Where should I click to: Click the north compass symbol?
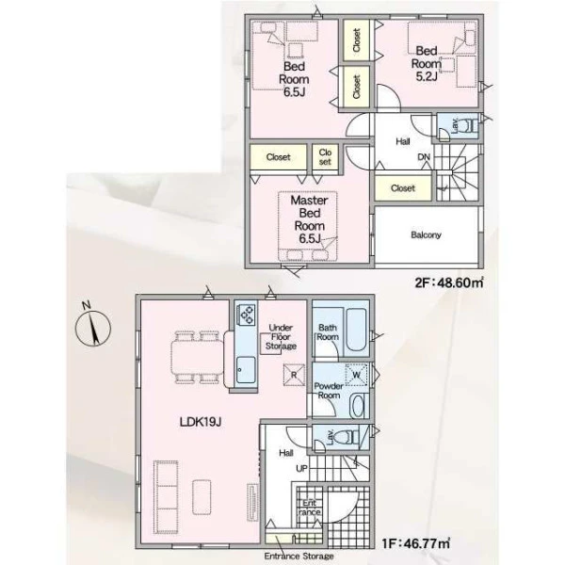click(x=92, y=327)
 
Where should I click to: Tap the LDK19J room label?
click(x=201, y=422)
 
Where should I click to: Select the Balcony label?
click(x=426, y=234)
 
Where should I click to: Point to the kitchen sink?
click(x=246, y=370)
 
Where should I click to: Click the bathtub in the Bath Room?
click(x=357, y=329)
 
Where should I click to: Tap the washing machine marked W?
click(x=356, y=375)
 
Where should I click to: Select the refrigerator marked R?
click(x=294, y=375)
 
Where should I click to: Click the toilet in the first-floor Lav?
click(x=347, y=437)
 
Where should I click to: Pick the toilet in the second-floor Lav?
click(x=471, y=126)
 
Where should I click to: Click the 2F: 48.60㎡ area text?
click(x=449, y=282)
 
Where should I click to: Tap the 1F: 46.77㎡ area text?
click(x=415, y=543)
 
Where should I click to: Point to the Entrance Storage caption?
click(x=299, y=556)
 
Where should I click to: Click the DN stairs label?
click(x=424, y=157)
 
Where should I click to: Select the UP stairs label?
click(x=301, y=468)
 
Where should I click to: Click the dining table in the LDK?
click(x=197, y=358)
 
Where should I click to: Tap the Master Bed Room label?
click(x=309, y=219)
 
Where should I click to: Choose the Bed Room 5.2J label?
click(x=427, y=63)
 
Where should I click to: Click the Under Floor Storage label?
click(x=281, y=337)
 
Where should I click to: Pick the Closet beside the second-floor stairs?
click(x=403, y=188)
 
